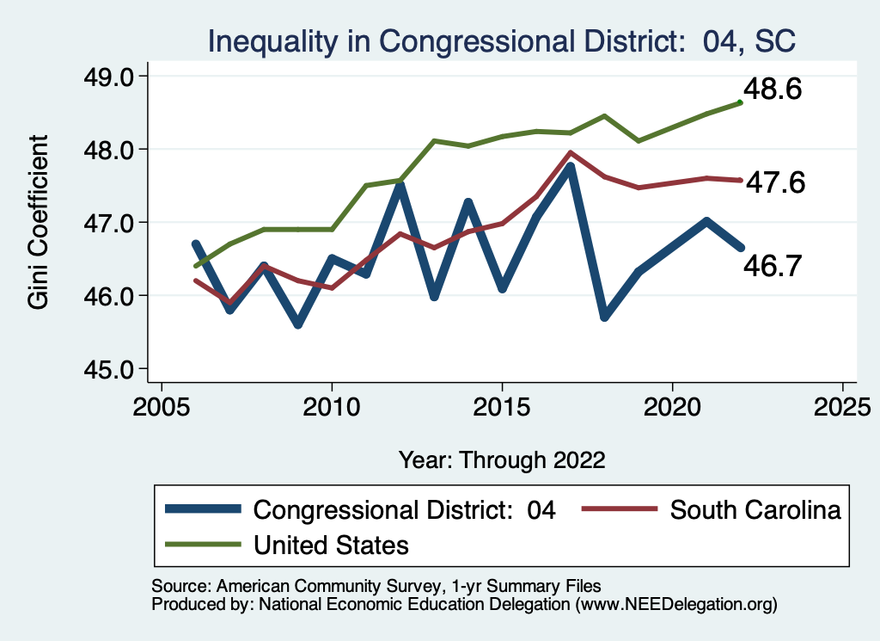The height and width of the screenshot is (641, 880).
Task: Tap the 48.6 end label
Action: pos(771,89)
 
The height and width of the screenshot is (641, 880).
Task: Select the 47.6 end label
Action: pos(774,182)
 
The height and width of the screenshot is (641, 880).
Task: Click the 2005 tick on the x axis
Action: pos(162,405)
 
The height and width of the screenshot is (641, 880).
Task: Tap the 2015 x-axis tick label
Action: pos(502,405)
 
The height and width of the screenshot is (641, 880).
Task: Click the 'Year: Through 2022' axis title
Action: pos(502,459)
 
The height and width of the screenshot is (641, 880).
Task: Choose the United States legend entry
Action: pos(331,545)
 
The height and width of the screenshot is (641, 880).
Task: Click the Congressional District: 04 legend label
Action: pos(404,510)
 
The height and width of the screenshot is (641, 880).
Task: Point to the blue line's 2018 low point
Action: pos(605,317)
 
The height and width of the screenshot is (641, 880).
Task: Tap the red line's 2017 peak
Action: pos(571,153)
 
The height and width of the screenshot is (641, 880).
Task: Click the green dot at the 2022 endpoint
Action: pos(740,102)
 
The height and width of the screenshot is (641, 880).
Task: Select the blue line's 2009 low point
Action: pos(298,324)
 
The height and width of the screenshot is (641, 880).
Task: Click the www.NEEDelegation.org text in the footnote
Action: pos(677,605)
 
